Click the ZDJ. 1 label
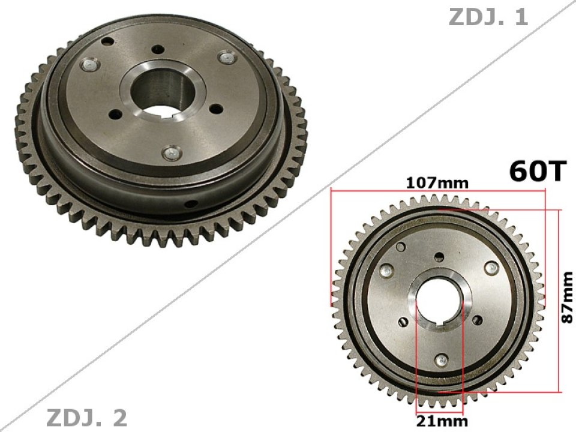pos(488,17)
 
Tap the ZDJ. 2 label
pos(86,416)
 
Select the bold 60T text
pos(537,170)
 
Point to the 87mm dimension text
pos(567,298)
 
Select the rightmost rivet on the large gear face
pos(226,57)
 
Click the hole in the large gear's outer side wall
pos(190,204)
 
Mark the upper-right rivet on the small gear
pos(493,268)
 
